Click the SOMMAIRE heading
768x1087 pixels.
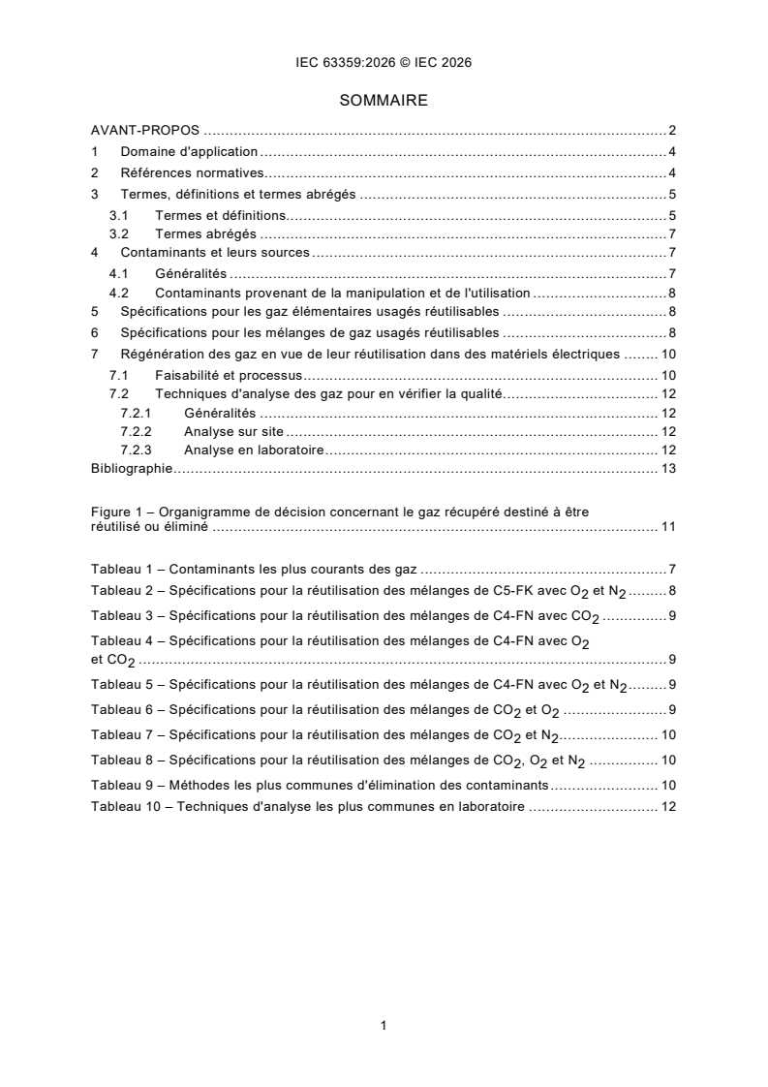click(384, 100)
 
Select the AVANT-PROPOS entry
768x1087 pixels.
click(145, 130)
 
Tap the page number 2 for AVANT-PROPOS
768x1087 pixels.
click(671, 130)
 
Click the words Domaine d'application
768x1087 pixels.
click(189, 151)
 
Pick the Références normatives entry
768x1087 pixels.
click(193, 172)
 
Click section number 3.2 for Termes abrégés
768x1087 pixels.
click(119, 233)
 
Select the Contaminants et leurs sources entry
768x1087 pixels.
click(215, 253)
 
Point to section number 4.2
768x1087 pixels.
click(119, 292)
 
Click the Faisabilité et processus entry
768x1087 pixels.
click(230, 374)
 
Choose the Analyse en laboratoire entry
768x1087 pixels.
click(253, 450)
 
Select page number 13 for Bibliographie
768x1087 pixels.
click(667, 469)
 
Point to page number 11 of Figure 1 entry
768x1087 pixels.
click(667, 527)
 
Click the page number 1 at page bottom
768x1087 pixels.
click(384, 1025)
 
